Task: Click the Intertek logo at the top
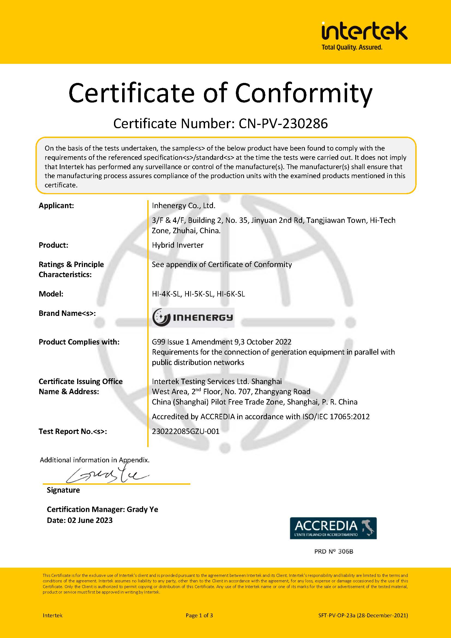(x=364, y=31)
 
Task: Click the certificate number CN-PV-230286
(x=283, y=124)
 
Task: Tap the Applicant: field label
(x=56, y=206)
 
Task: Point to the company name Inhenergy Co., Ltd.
(x=184, y=206)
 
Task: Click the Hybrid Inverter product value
(x=178, y=245)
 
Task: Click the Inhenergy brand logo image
(x=193, y=317)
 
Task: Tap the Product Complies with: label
(x=79, y=342)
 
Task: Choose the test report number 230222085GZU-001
(x=185, y=431)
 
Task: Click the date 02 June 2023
(x=90, y=520)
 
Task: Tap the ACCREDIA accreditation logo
(x=333, y=528)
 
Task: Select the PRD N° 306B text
(x=333, y=552)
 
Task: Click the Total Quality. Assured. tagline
(x=352, y=47)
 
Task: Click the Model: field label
(x=51, y=294)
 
